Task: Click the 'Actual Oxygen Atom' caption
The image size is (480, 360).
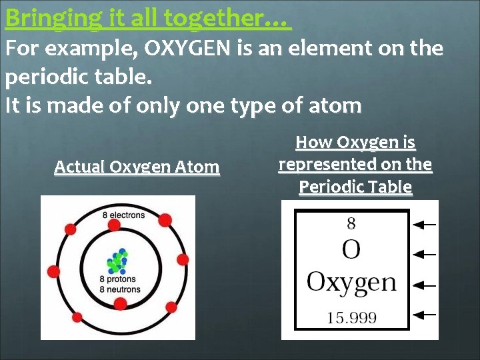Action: pos(137,167)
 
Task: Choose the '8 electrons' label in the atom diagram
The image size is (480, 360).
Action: pos(123,215)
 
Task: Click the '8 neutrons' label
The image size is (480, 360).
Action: pos(120,289)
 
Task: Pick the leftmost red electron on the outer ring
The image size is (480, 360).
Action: pos(54,271)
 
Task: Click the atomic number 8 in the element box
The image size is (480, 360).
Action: pos(351,223)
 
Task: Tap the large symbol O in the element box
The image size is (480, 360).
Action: pos(351,251)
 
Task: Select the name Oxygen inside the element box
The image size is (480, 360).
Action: pos(351,283)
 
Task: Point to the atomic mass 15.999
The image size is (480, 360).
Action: pos(351,318)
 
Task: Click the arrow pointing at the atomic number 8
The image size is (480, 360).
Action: pos(425,225)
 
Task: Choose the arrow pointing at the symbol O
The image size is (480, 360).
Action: pos(425,254)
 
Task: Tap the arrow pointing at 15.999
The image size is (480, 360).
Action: pos(425,313)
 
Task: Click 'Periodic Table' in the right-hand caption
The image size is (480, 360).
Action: pos(355,187)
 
